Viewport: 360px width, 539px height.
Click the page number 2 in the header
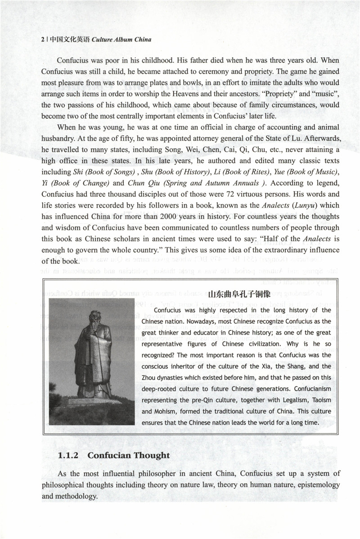42,40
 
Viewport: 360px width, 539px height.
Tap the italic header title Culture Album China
121,40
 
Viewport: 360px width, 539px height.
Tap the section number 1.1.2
69,455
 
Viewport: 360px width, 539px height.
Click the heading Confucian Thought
129,455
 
